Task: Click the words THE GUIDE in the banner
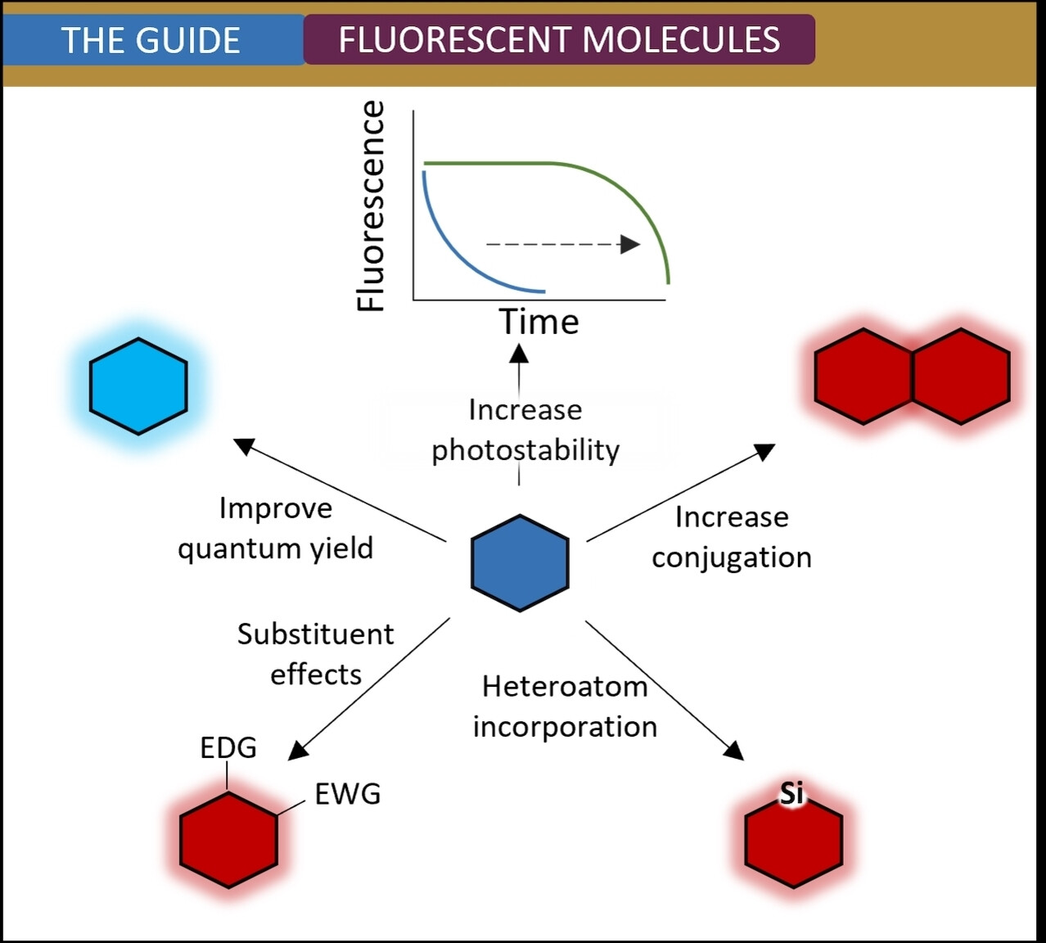[x=151, y=40]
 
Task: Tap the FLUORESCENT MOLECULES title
[x=560, y=39]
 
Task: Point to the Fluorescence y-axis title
[x=370, y=206]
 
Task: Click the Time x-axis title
[x=539, y=322]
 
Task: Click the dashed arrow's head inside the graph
[x=630, y=244]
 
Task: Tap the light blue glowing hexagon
[x=138, y=386]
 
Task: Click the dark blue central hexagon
[x=520, y=563]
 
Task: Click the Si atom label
[x=791, y=793]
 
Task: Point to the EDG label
[x=228, y=747]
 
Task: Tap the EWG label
[x=348, y=794]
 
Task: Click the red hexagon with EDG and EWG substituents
[x=228, y=840]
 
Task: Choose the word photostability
[x=525, y=450]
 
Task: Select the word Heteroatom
[x=566, y=687]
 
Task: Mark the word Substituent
[x=315, y=634]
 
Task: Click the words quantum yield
[x=276, y=548]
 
